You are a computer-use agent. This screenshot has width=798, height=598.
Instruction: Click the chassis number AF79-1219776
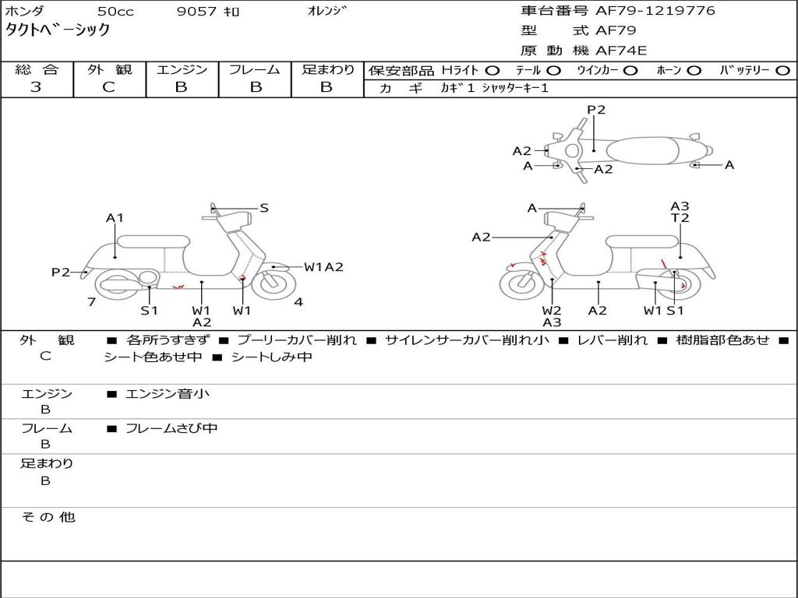click(655, 11)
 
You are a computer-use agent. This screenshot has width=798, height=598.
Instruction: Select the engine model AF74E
click(621, 51)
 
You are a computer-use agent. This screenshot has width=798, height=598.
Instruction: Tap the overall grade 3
click(36, 87)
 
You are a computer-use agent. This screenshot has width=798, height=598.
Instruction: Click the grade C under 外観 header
click(109, 87)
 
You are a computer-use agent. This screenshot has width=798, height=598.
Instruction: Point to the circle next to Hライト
click(493, 71)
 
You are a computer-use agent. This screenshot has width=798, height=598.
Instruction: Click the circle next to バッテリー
click(782, 71)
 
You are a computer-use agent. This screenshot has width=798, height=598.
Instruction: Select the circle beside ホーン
click(694, 71)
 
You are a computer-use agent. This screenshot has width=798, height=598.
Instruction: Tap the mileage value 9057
click(196, 11)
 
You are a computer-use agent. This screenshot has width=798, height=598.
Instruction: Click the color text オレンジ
click(327, 11)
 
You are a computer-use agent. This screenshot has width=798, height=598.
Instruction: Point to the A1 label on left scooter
click(115, 218)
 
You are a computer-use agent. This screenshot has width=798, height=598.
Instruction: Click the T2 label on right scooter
click(680, 218)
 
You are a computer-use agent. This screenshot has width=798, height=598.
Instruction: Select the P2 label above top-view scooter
click(596, 110)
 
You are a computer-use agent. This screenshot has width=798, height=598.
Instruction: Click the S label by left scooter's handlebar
click(264, 208)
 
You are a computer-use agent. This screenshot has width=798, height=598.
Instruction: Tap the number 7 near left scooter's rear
click(92, 302)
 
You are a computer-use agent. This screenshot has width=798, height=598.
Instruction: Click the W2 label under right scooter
click(552, 310)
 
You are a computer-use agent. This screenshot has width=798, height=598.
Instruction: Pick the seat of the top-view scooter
click(643, 152)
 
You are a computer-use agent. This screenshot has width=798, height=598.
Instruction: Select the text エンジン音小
click(168, 393)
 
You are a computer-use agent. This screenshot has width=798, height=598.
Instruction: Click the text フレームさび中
click(171, 429)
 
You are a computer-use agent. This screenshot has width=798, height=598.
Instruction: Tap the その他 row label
click(48, 517)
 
